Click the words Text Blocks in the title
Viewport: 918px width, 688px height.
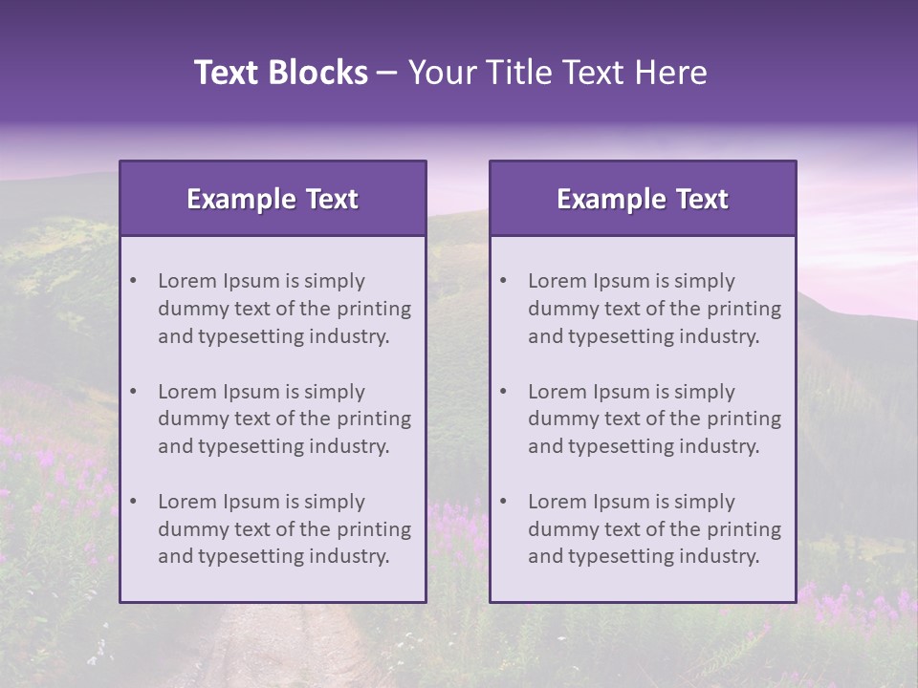[280, 73]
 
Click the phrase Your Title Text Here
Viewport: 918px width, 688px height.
[557, 73]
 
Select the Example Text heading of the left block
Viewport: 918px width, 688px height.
[273, 199]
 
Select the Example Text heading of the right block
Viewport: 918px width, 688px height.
[643, 199]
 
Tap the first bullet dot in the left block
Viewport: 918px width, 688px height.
[134, 281]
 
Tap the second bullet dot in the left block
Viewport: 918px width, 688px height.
[134, 392]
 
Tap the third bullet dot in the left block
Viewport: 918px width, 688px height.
[134, 502]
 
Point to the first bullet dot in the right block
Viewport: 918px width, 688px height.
[504, 281]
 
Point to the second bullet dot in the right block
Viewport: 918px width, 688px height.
[504, 392]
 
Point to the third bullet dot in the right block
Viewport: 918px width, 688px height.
[504, 502]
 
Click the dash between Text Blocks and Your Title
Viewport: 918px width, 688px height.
[388, 73]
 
